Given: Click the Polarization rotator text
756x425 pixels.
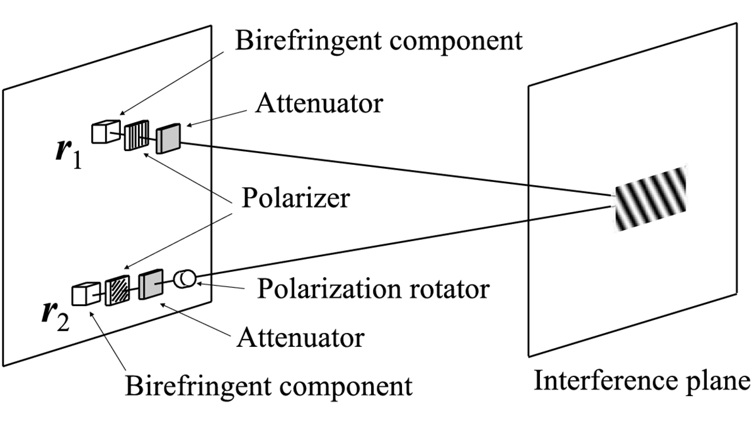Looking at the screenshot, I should [373, 289].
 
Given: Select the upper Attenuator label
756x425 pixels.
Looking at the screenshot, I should [318, 103].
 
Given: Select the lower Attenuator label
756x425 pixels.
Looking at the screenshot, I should [301, 337].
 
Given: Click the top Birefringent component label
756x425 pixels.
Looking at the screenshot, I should [378, 40].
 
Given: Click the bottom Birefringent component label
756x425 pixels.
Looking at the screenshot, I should [269, 384].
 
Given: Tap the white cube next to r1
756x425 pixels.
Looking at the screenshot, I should [105, 132].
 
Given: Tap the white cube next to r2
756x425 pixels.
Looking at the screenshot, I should [85, 294].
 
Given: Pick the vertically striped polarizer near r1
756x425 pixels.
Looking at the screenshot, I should [136, 136].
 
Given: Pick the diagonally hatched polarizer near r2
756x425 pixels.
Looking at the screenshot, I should [117, 290].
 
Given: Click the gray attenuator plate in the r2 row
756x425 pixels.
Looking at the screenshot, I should [151, 285].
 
